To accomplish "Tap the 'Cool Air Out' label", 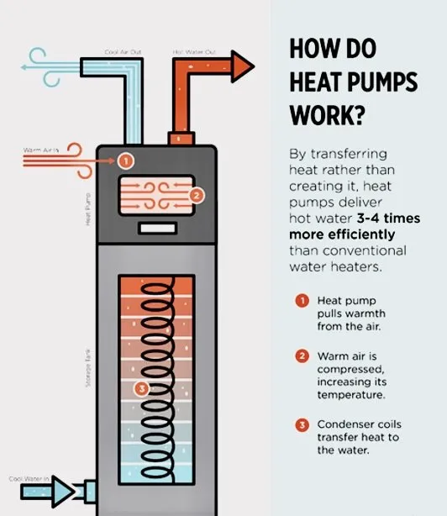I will point(123,52).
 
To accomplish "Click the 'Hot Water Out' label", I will point(194,52).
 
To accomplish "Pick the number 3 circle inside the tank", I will point(141,388).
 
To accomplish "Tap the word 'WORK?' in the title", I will point(324,113).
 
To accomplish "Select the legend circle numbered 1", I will point(302,300).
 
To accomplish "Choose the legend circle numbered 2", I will point(302,355).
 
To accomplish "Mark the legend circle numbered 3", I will point(302,424).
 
